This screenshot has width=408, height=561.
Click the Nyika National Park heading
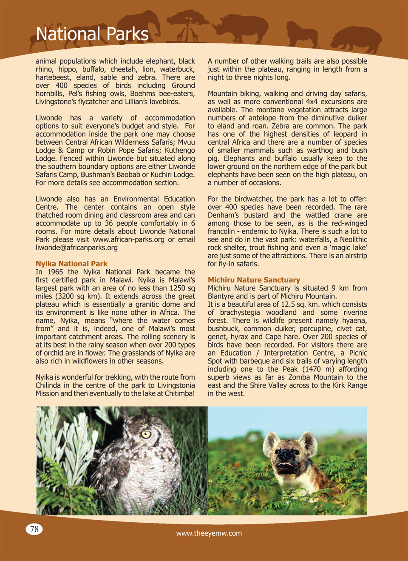[71, 264]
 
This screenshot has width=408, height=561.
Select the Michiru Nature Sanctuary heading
[254, 280]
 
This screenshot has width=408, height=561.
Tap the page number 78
[34, 529]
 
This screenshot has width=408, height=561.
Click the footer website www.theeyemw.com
[209, 533]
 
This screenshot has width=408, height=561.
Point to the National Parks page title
[92, 34]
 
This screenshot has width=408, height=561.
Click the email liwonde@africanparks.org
[76, 248]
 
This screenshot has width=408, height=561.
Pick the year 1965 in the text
[55, 272]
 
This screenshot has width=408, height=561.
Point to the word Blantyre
[221, 296]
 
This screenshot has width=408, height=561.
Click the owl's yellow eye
[146, 434]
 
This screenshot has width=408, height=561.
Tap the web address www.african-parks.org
[128, 239]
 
